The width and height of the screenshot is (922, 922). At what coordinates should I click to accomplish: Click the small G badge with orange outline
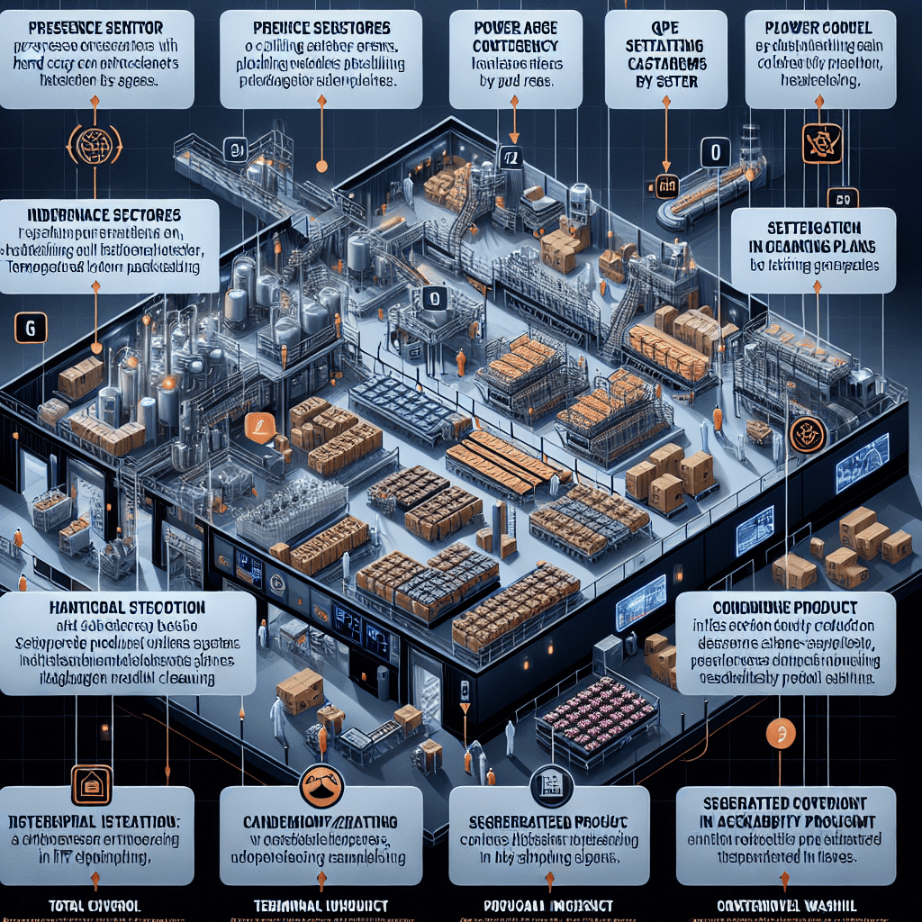pos(32,330)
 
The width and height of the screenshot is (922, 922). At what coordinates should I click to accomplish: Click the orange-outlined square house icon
pos(91,785)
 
